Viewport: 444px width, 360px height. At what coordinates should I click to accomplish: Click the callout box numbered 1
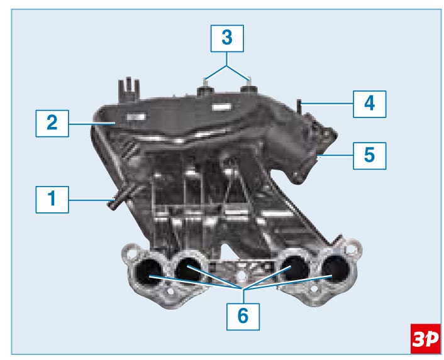pyautogui.click(x=52, y=200)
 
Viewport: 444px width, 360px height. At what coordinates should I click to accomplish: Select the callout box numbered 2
pyautogui.click(x=52, y=123)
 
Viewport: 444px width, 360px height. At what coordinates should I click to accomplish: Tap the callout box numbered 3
pyautogui.click(x=227, y=38)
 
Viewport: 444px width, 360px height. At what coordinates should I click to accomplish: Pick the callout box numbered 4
pyautogui.click(x=370, y=104)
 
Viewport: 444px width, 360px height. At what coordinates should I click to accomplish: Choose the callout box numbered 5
pyautogui.click(x=370, y=156)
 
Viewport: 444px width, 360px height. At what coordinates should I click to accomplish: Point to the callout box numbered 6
pyautogui.click(x=243, y=317)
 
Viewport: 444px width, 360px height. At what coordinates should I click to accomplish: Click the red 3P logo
pyautogui.click(x=426, y=339)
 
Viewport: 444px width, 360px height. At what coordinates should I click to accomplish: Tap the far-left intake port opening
pyautogui.click(x=148, y=271)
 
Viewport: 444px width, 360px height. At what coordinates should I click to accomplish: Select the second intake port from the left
pyautogui.click(x=188, y=270)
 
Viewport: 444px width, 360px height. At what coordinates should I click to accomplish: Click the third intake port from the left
pyautogui.click(x=294, y=268)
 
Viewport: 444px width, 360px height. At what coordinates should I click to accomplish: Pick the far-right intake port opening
pyautogui.click(x=335, y=269)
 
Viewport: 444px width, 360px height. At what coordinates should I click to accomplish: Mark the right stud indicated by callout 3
pyautogui.click(x=248, y=85)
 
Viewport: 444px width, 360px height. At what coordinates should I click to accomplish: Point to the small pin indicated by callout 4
pyautogui.click(x=299, y=106)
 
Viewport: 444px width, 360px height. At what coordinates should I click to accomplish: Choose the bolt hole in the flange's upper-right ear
pyautogui.click(x=352, y=249)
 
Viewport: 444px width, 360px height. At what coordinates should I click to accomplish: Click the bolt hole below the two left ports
pyautogui.click(x=170, y=292)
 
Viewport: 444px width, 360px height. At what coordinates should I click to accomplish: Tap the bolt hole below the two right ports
pyautogui.click(x=314, y=289)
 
